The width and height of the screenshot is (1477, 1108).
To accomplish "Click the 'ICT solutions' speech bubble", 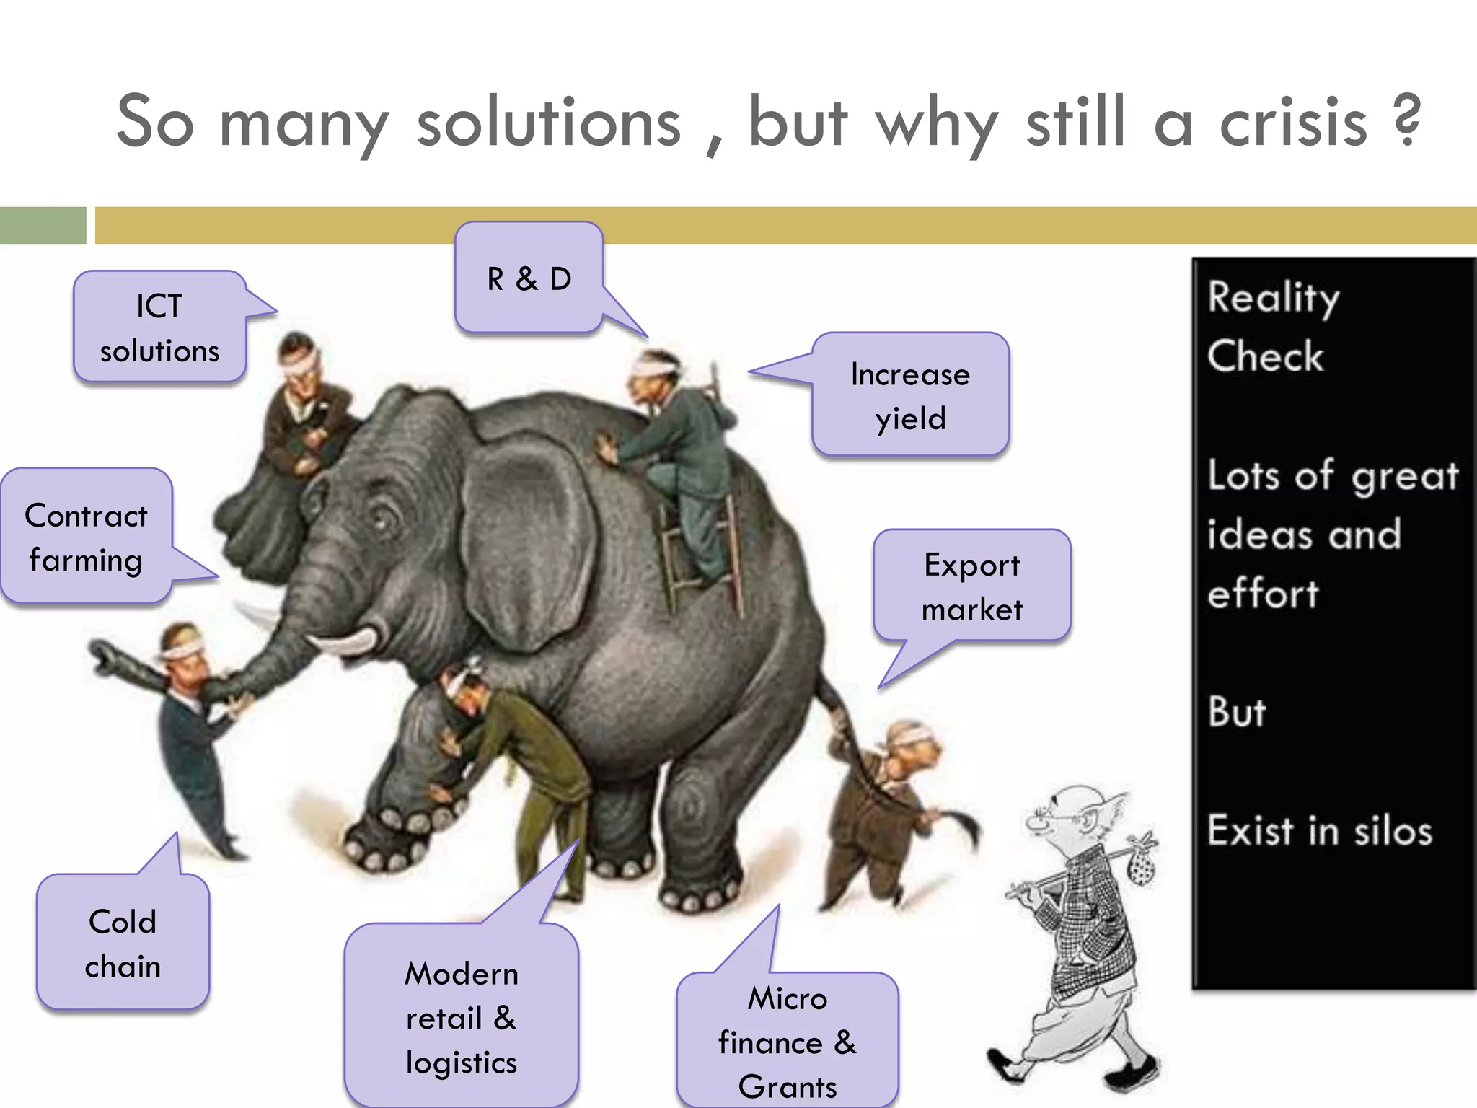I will point(159,327).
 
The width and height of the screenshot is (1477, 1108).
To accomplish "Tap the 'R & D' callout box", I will point(529,278).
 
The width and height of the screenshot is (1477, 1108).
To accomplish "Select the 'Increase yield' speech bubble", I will point(910,395).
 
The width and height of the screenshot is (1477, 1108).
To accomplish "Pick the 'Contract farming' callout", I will point(86,537).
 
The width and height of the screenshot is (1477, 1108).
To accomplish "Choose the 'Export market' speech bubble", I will point(971,586).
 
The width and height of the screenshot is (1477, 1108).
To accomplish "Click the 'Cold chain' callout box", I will point(123,943).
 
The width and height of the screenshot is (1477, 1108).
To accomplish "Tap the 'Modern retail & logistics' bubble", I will point(462,1017).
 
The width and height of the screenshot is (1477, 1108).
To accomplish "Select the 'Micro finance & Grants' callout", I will point(788,1042).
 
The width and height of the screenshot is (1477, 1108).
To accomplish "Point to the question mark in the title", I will point(1407,119).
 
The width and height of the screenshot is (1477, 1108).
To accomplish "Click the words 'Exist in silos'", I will point(1319,830).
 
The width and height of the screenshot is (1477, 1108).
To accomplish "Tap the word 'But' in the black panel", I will point(1237,712).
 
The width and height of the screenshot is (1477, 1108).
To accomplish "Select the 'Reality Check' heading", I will point(1273,327).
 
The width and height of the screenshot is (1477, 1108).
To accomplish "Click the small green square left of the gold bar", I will point(43,225).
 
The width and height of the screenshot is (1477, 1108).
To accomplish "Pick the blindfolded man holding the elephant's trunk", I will point(191,729).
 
